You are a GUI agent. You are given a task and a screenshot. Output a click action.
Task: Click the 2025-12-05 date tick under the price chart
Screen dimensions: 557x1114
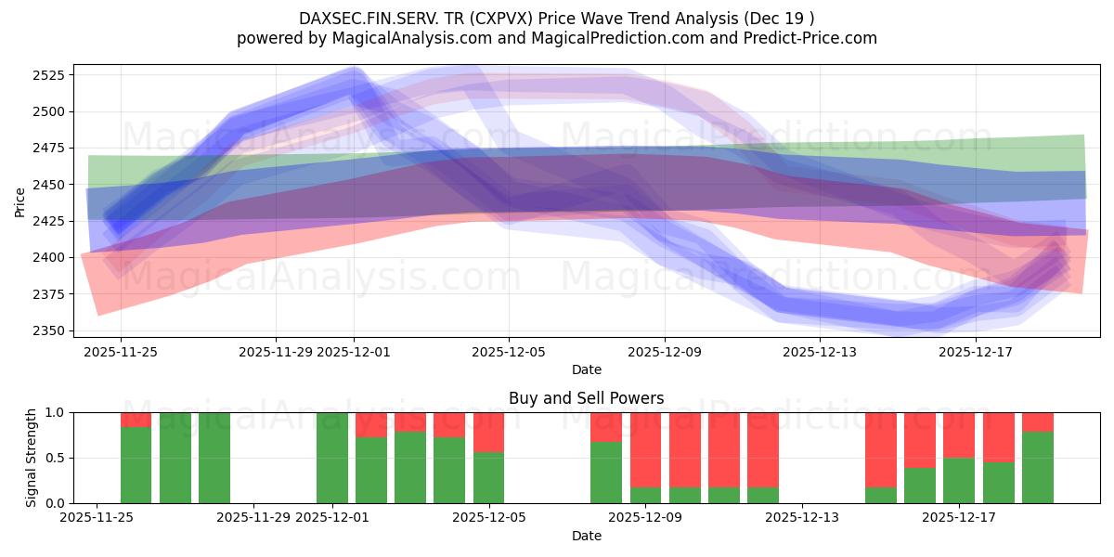(x=508, y=352)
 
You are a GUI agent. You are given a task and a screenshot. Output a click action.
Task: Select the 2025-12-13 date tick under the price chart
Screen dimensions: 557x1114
(x=819, y=352)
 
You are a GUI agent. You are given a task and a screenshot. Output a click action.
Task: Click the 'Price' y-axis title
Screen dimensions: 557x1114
(x=19, y=201)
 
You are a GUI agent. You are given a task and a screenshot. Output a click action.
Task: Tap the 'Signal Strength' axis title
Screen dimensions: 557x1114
(x=32, y=458)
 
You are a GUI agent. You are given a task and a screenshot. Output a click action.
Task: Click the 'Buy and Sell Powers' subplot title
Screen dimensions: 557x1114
(x=586, y=398)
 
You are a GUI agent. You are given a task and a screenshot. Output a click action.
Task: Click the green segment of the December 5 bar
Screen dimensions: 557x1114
(x=488, y=477)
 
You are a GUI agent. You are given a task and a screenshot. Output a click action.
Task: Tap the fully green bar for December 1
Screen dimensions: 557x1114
(x=331, y=458)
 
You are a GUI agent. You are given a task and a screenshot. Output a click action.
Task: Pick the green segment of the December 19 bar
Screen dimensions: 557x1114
(x=1038, y=467)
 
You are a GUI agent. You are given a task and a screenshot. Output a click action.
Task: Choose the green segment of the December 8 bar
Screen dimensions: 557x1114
(x=606, y=473)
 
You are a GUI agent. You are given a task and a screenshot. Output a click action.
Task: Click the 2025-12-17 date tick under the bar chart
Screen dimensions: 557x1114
(x=960, y=518)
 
